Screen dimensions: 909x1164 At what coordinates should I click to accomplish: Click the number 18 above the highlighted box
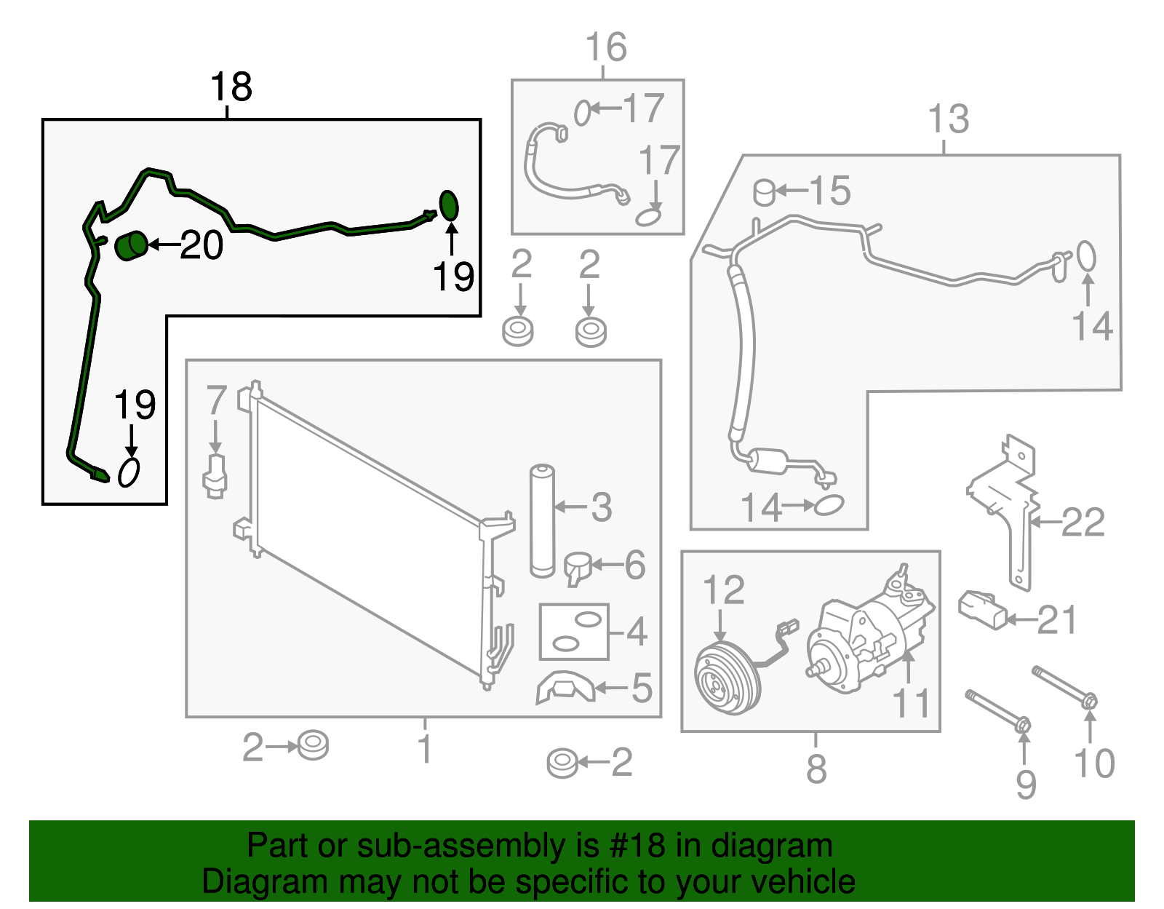click(x=231, y=87)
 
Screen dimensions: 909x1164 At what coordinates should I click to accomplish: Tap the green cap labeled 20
click(x=131, y=245)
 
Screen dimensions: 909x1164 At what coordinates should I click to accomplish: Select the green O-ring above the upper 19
click(x=449, y=205)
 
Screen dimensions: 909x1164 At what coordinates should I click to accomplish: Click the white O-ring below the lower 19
click(x=129, y=473)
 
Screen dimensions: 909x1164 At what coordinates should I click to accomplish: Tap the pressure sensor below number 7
click(x=215, y=477)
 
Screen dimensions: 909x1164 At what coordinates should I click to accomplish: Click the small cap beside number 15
click(x=764, y=192)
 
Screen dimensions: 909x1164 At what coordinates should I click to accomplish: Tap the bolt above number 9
click(x=997, y=709)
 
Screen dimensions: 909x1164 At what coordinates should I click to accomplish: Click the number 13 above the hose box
click(x=949, y=119)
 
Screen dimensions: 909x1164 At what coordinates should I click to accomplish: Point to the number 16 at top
click(x=606, y=48)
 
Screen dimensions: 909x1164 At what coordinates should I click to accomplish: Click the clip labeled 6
click(x=578, y=567)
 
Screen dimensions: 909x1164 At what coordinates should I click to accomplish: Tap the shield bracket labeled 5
click(x=564, y=688)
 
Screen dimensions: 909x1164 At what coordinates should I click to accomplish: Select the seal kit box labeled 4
click(x=573, y=631)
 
